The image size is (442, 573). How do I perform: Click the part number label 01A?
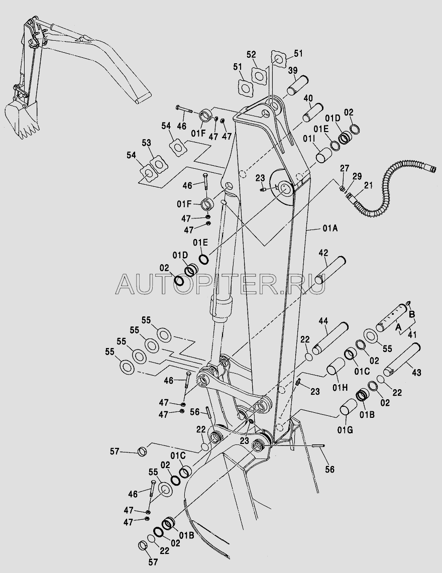(x=329, y=229)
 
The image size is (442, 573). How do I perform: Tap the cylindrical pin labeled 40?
(x=312, y=111)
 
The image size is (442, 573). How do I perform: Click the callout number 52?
(x=251, y=54)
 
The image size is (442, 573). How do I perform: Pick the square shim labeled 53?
(x=160, y=164)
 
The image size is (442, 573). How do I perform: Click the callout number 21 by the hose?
(x=369, y=186)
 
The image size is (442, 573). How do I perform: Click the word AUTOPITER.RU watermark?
(x=220, y=285)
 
